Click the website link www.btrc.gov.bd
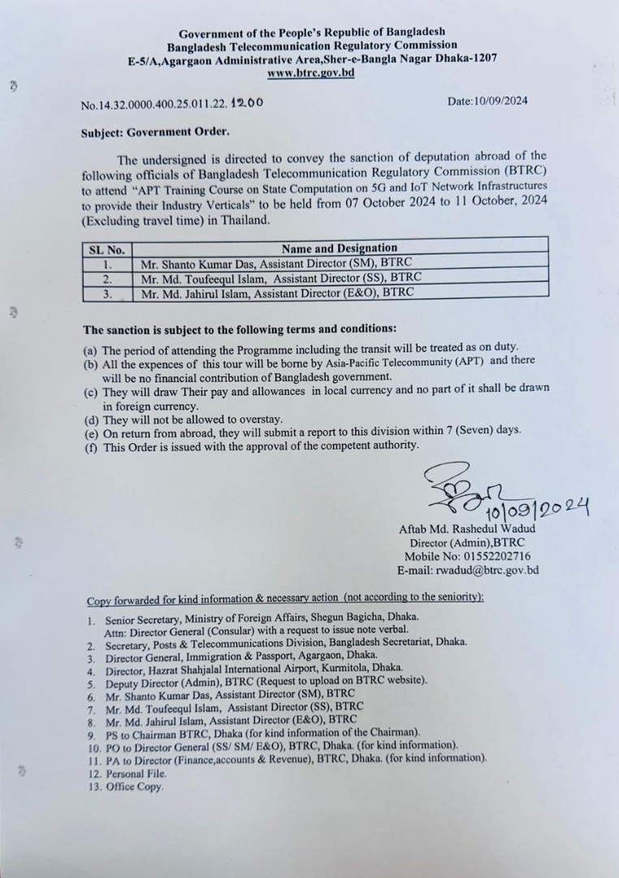click(x=310, y=73)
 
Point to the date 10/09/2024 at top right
click(x=487, y=102)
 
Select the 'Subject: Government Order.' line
click(x=155, y=132)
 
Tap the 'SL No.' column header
click(x=106, y=249)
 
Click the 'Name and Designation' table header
click(x=339, y=248)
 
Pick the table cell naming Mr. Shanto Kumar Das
click(x=276, y=264)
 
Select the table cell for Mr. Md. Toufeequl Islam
click(x=281, y=278)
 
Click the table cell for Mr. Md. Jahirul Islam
click(x=277, y=292)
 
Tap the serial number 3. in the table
click(x=106, y=293)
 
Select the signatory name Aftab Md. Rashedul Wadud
click(x=466, y=529)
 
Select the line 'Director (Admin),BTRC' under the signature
click(x=466, y=543)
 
